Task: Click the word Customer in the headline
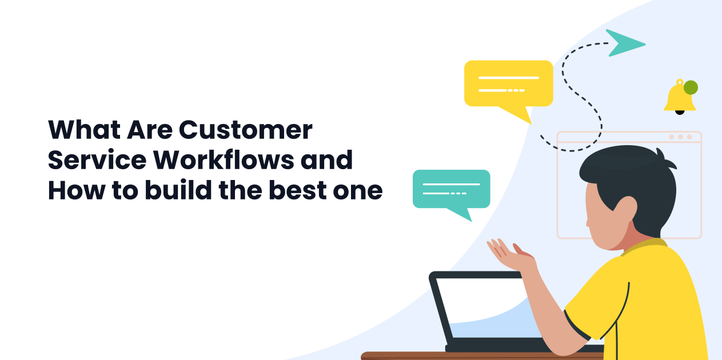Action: click(x=246, y=130)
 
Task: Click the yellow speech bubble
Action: click(x=508, y=83)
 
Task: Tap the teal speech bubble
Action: click(x=451, y=189)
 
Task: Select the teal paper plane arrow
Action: click(x=624, y=42)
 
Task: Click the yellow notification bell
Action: click(x=679, y=98)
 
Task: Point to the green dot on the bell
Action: click(x=691, y=87)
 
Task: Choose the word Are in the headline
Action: click(x=149, y=130)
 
